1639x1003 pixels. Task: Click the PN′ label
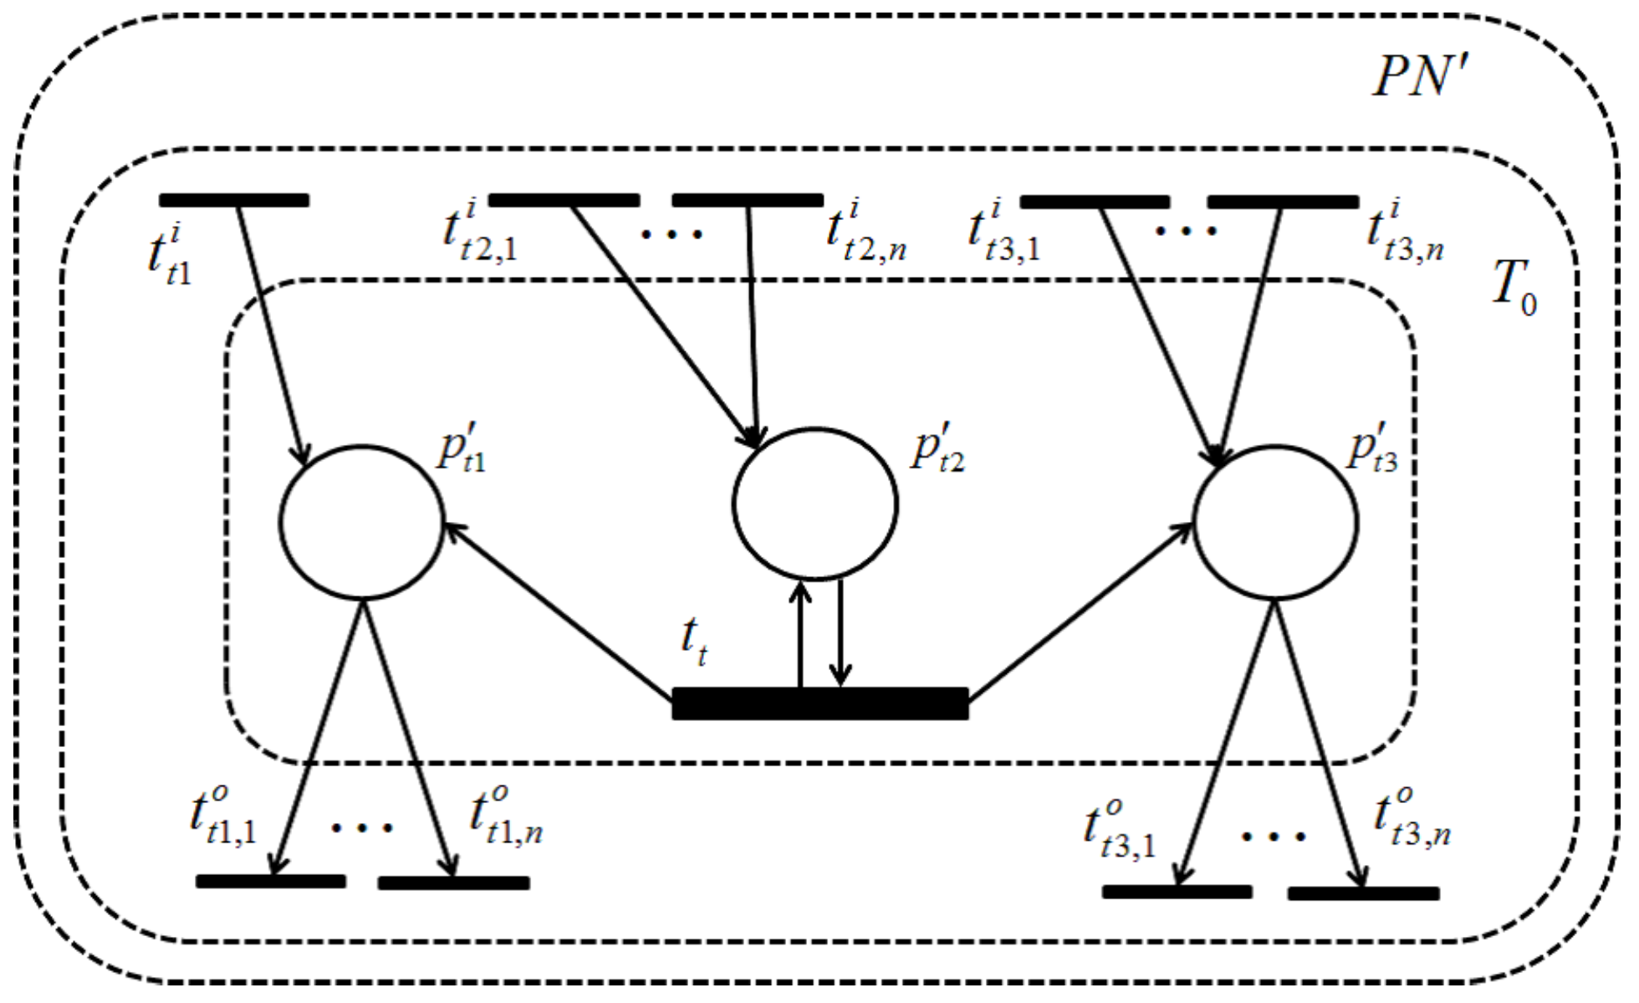(1420, 77)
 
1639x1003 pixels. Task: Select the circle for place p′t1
(362, 523)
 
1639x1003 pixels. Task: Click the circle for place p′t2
(815, 504)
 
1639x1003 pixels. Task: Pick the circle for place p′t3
(1276, 523)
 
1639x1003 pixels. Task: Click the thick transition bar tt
(820, 704)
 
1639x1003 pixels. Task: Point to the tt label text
(694, 642)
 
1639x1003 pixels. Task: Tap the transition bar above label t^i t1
(234, 200)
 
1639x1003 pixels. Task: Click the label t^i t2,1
(480, 232)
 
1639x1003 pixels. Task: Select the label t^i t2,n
(866, 232)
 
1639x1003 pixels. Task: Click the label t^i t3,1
(1004, 232)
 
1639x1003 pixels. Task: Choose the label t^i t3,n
(1405, 232)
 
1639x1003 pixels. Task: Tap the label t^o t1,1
(222, 816)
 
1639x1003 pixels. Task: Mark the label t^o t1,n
(506, 816)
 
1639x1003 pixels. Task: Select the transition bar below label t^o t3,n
(1363, 893)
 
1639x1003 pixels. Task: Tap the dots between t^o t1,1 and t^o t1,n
(362, 828)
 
